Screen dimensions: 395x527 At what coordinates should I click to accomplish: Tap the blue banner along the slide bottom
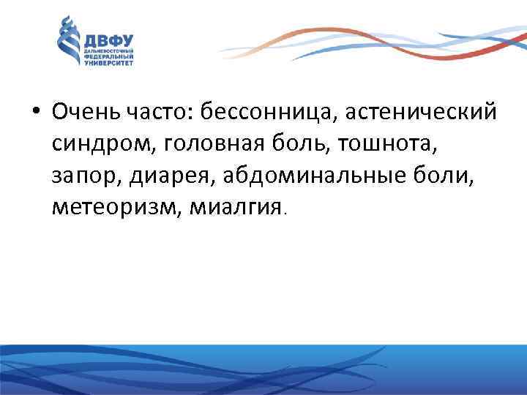click(x=263, y=370)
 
